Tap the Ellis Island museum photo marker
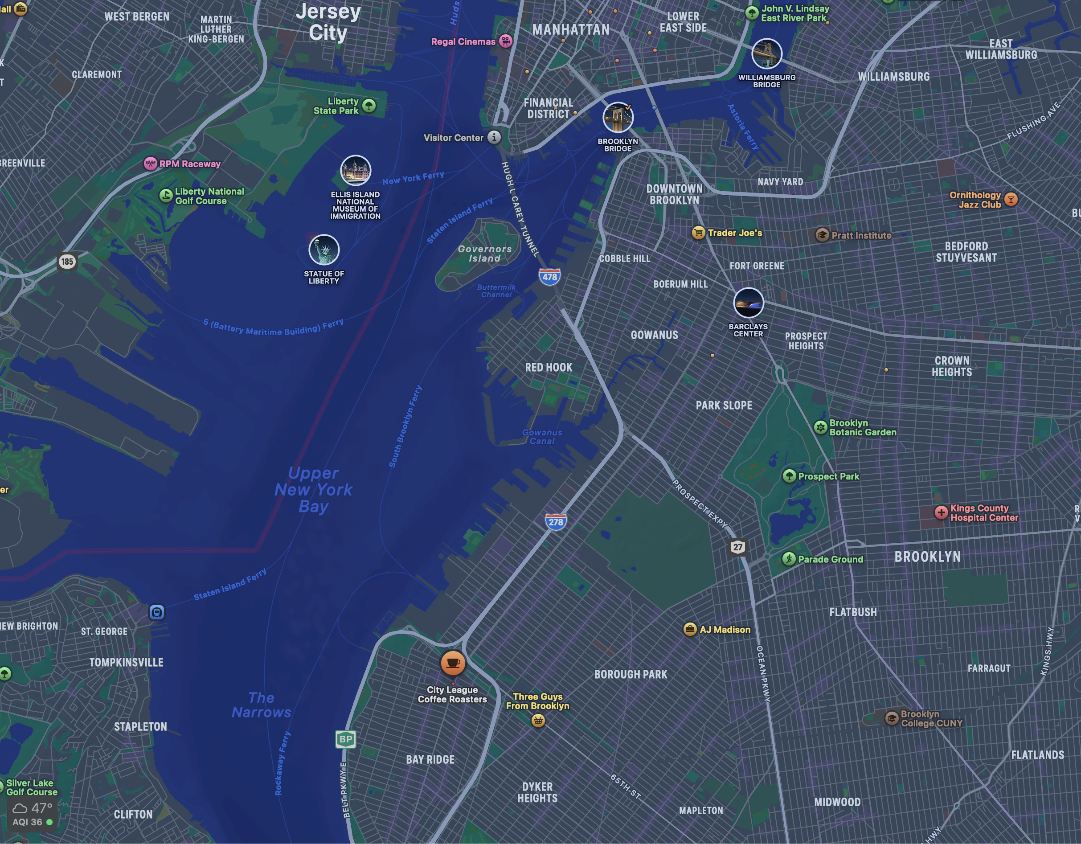[356, 170]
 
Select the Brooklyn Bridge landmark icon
[618, 118]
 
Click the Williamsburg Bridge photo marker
[767, 54]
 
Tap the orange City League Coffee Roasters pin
[452, 662]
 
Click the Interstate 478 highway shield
[550, 277]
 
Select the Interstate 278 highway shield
[556, 522]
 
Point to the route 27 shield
[738, 547]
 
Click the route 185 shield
[67, 262]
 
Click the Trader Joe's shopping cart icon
[698, 233]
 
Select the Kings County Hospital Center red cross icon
[941, 512]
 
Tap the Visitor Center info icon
[494, 137]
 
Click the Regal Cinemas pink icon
[505, 41]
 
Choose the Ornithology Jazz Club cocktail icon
[1011, 200]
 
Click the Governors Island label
[484, 254]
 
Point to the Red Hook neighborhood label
[549, 367]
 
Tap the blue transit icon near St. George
[156, 612]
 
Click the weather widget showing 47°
[32, 814]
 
